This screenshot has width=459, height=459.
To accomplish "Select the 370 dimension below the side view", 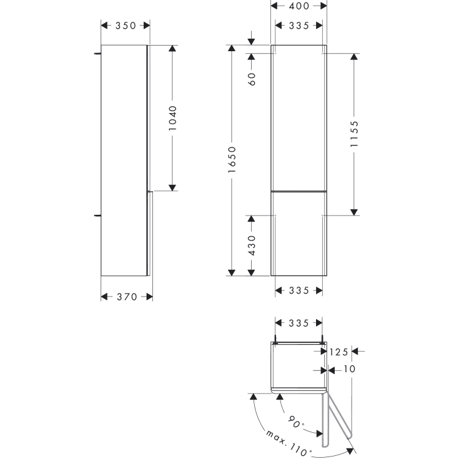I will pos(127,297).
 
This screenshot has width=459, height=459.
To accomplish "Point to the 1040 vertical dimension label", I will pos(173,117).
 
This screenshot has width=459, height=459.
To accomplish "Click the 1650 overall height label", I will pos(232,159).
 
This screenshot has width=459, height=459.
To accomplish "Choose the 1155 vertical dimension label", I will pos(354,133).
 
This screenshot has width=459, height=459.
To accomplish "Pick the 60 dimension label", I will pos(252,79).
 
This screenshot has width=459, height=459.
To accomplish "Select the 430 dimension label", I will pos(252,245).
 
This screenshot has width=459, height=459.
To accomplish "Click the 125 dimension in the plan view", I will pos(338,352).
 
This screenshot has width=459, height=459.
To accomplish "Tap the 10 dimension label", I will pos(348,370).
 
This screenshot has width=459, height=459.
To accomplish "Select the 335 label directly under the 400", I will pos(299,26).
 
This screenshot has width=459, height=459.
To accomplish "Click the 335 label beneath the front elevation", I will pos(299,290).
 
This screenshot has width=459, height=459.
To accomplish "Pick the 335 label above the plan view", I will pos(299,323).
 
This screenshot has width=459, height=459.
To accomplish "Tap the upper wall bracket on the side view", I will pos(97,54).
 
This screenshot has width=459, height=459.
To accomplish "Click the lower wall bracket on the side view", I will pos(97,215).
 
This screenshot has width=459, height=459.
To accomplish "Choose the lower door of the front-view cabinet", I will pos(299,232).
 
